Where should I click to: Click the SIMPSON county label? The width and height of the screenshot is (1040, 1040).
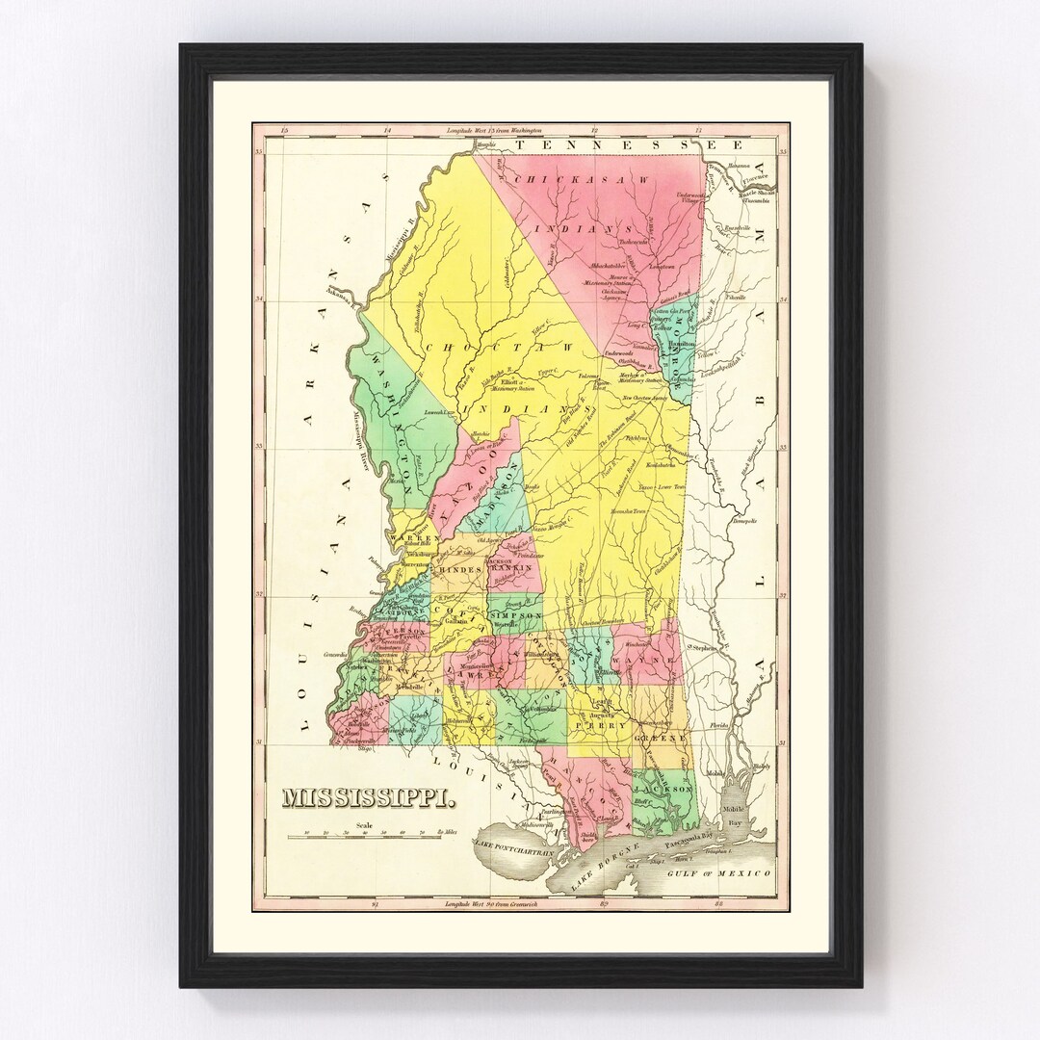pos(515,614)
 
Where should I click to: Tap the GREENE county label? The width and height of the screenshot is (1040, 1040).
pos(661,738)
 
